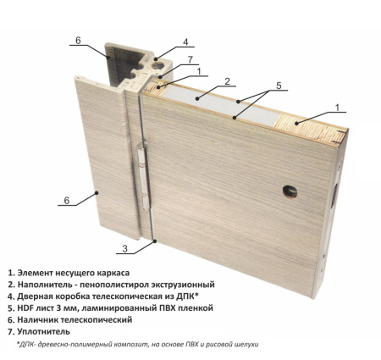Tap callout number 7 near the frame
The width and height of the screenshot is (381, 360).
tap(192, 59)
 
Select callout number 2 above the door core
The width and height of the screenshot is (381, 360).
tap(228, 81)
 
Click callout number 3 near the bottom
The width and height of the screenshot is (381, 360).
tap(124, 248)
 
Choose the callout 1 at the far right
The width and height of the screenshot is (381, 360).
tap(337, 108)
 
